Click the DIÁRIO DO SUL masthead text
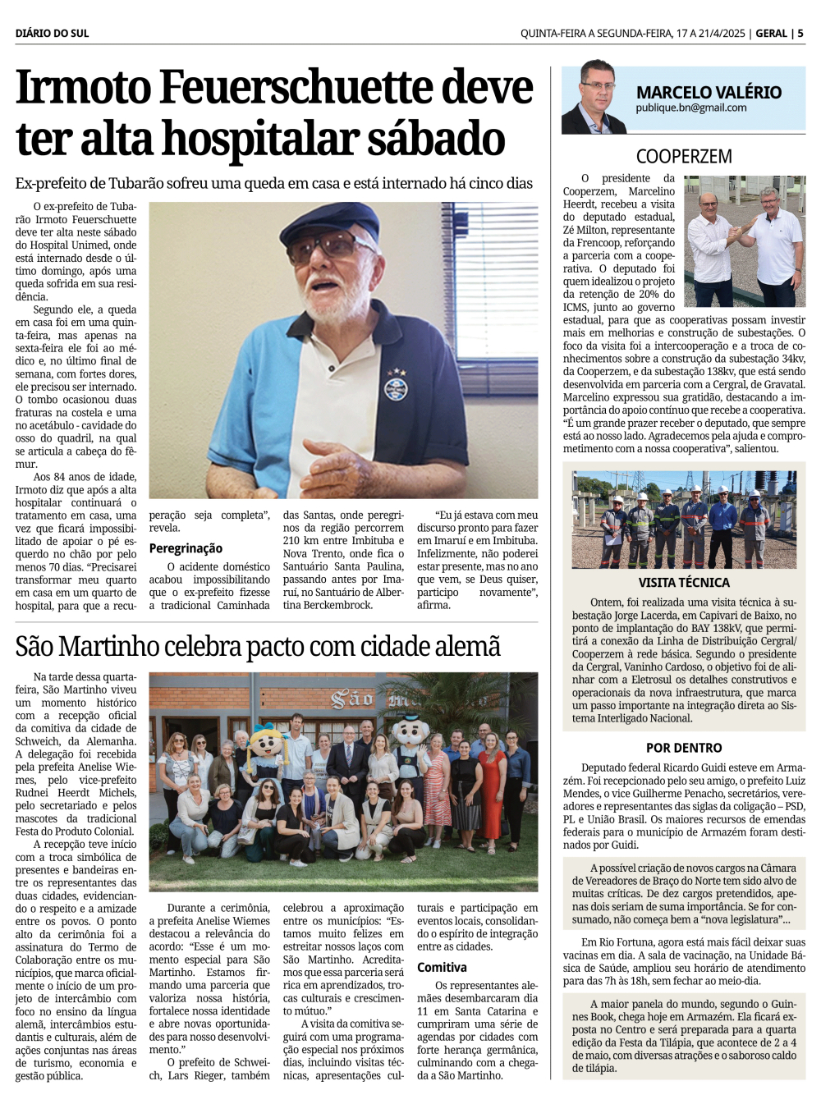[52, 34]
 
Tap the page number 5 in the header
[800, 34]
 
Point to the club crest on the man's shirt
[396, 385]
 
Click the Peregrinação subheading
[186, 548]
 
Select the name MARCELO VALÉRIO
[709, 92]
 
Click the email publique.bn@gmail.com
[690, 108]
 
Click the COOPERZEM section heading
[683, 156]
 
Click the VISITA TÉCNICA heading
[684, 582]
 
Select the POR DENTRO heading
[684, 748]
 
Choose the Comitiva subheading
[442, 967]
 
